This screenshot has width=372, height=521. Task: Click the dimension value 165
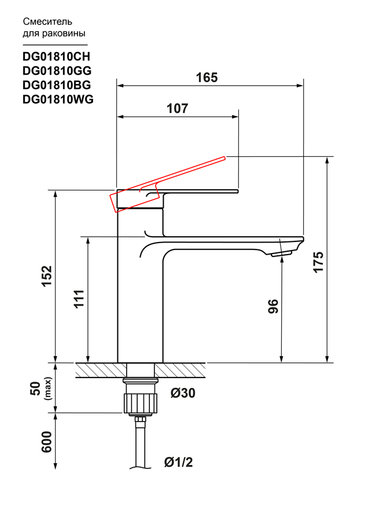coord(207,78)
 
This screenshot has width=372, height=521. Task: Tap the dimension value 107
coord(177,108)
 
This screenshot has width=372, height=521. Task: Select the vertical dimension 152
coord(47,276)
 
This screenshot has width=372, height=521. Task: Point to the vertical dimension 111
coord(79,299)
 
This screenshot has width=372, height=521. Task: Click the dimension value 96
coord(273,306)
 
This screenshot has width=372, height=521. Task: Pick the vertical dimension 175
coord(318,262)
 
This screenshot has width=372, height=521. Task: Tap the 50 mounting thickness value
coord(35,388)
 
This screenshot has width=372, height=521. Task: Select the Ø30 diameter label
coord(183,393)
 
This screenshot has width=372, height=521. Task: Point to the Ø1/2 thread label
coord(178,462)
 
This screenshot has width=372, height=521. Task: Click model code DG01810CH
coord(57,57)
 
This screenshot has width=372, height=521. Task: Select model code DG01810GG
coord(57,71)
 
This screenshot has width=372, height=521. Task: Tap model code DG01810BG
coord(57,85)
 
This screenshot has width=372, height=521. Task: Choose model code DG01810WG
coord(58,100)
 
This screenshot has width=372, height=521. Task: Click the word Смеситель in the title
coord(47,22)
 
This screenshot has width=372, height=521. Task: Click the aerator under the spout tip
coord(281,254)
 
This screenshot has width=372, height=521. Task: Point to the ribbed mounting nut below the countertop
coord(141,403)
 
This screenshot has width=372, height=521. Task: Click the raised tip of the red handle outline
coord(225,158)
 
